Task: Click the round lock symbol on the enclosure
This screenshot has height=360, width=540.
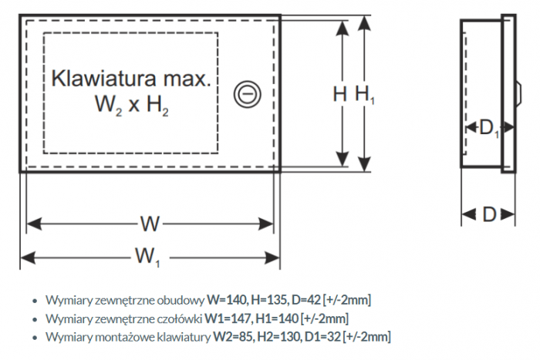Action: [248, 96]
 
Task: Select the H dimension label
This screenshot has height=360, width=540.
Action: [340, 94]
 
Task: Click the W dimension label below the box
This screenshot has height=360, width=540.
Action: [150, 224]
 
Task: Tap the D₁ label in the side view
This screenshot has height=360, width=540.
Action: [489, 129]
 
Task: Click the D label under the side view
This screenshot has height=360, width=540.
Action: [488, 214]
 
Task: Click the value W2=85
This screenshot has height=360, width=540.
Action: [234, 336]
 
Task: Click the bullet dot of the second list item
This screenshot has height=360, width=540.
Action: [34, 318]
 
